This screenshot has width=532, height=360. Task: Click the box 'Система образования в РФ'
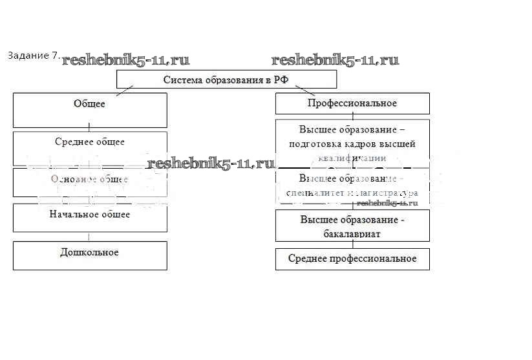(226, 79)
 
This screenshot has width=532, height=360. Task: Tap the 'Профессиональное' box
(352, 103)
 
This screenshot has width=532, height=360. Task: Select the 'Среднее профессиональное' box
(352, 259)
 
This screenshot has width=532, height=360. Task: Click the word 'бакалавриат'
(353, 233)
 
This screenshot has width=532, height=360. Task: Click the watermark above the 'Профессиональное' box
(335, 60)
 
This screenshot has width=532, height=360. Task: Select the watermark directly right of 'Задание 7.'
(125, 60)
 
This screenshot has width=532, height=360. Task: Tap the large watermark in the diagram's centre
(211, 164)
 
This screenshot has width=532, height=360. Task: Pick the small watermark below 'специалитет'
(387, 202)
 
